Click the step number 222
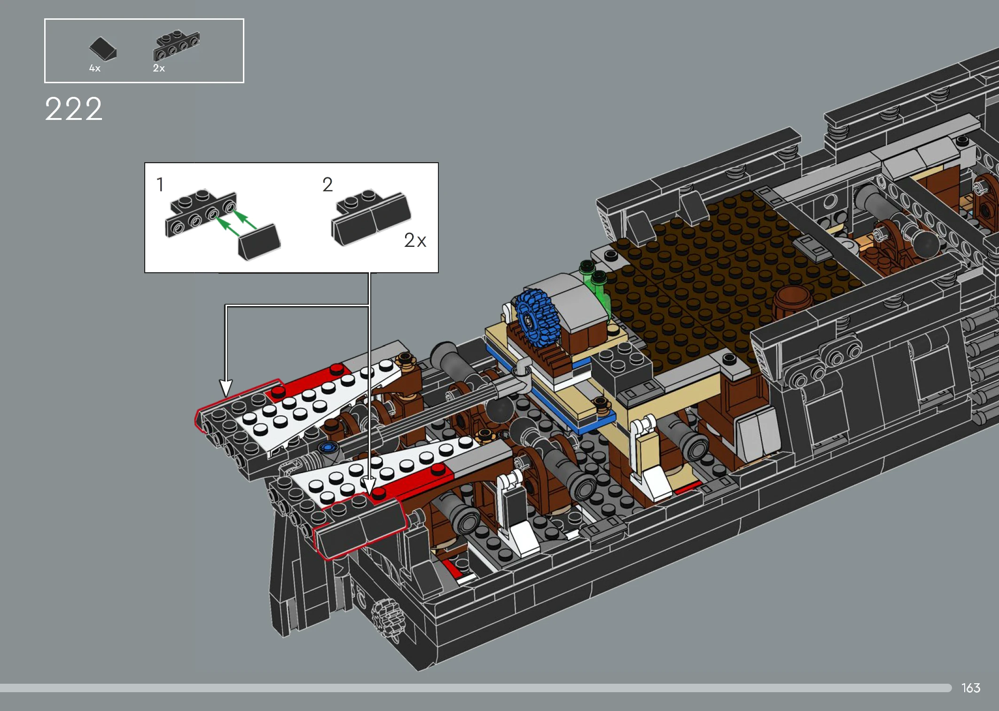coord(74,109)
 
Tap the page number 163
coord(971,688)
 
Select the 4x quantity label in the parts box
coord(95,69)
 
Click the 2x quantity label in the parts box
coord(159,68)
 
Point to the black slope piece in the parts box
coord(103,49)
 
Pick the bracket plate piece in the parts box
coord(177,46)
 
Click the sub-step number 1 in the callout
coord(160,184)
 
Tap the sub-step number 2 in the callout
coord(328,184)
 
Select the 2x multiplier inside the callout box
coord(415,240)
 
